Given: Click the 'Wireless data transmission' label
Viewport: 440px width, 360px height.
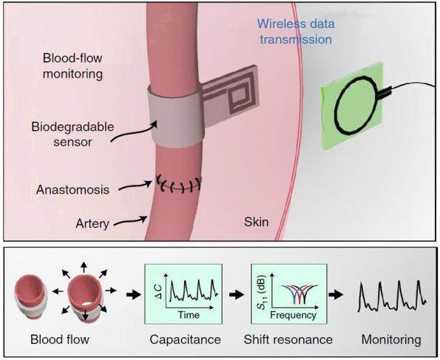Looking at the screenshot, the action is point(296,31).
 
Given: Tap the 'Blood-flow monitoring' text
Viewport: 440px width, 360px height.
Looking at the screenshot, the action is point(72,66).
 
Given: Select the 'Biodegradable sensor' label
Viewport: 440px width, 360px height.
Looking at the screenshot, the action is point(72,134).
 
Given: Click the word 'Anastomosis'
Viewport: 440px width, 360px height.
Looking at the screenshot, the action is point(72,190).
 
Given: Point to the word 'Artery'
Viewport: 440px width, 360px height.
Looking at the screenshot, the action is point(92,224).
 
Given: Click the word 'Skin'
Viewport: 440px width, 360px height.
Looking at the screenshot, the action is point(256,222).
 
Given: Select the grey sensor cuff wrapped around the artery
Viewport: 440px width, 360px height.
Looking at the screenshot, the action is point(176,117).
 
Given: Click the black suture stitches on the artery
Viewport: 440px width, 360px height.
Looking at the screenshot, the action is point(179,185).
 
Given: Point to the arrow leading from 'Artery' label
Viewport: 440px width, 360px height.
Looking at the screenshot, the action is point(129,220).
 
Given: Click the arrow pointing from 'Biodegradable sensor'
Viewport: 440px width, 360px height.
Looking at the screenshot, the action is point(134,132).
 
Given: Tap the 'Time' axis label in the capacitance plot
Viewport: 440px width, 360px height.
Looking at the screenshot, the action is point(189,315).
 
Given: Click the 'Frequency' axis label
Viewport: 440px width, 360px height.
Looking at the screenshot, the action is point(294,315).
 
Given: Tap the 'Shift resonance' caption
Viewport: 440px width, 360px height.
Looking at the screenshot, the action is point(288,339).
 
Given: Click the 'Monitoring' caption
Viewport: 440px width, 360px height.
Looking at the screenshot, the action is point(391,339).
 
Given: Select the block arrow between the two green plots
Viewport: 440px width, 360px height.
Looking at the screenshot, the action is point(237,294).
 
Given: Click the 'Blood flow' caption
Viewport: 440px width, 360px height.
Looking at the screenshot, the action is point(60,339).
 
